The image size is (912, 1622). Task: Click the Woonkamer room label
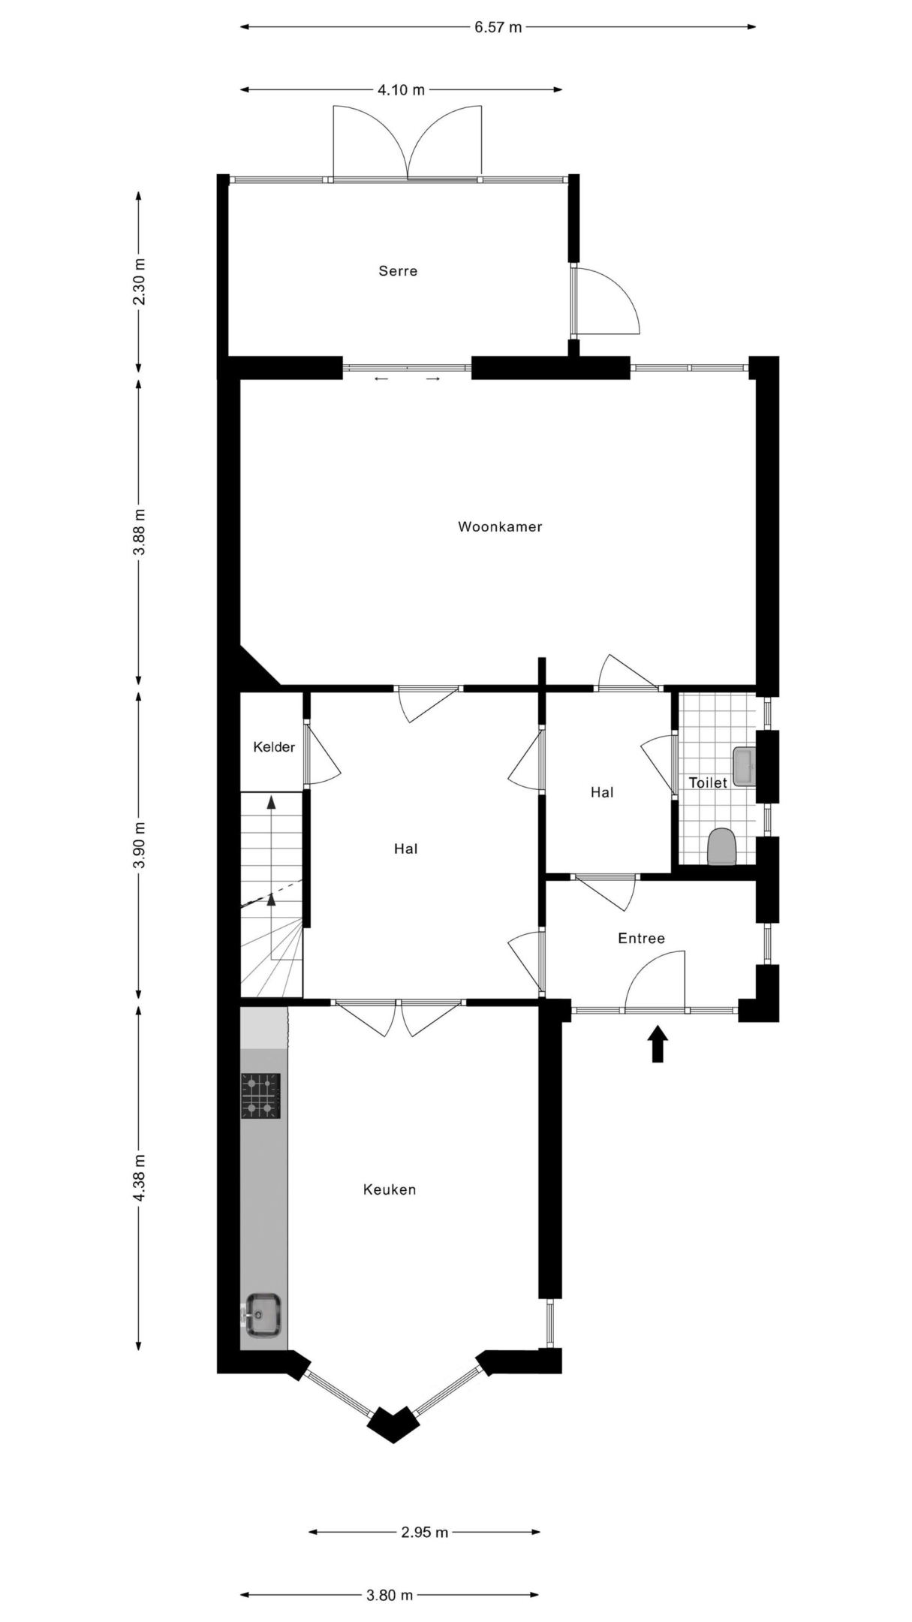[500, 527]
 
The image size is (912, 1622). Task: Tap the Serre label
[398, 271]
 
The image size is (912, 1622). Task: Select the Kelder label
[274, 747]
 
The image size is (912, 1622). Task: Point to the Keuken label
[389, 1189]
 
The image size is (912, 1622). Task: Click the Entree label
[641, 938]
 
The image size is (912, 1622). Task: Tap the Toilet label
[708, 782]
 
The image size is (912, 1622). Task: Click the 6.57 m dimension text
[498, 27]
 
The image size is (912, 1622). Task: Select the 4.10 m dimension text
[401, 90]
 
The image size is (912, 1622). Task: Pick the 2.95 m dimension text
[425, 1532]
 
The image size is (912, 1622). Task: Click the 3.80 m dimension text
[390, 1595]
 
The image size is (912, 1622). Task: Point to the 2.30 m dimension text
[140, 282]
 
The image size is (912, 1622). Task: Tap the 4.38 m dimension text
[140, 1177]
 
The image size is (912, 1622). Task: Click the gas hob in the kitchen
[260, 1096]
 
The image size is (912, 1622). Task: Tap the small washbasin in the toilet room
[744, 766]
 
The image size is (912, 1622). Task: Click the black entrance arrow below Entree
[658, 1044]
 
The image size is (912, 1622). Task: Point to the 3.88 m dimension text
[140, 532]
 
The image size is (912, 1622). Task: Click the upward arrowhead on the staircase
[272, 801]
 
